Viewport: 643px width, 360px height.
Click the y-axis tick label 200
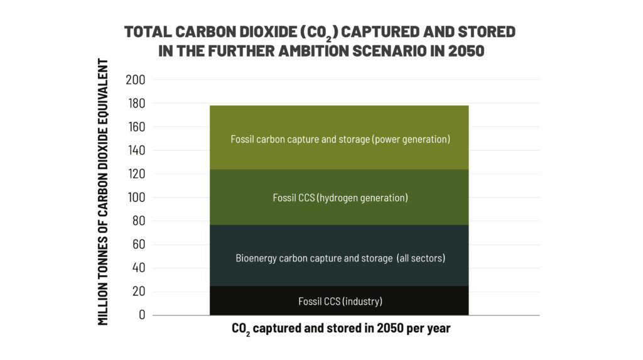coord(135,80)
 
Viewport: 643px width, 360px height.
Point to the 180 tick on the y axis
coord(135,103)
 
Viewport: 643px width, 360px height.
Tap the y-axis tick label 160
coord(135,127)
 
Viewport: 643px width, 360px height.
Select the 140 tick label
coord(135,150)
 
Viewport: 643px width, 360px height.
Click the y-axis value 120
coord(135,174)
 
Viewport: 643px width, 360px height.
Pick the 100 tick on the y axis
coord(135,197)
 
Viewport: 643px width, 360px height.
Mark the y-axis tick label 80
coord(138,221)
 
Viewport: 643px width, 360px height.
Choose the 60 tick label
coord(138,244)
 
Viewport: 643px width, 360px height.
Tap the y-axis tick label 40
coord(138,268)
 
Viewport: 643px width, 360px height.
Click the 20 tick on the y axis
coord(138,292)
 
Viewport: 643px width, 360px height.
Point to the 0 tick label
coord(141,315)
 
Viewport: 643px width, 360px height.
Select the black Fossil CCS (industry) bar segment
coord(340,301)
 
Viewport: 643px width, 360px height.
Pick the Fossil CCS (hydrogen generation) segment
coord(340,198)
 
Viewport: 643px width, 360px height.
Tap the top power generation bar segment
coord(340,138)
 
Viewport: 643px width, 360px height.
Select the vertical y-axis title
coord(104,192)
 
